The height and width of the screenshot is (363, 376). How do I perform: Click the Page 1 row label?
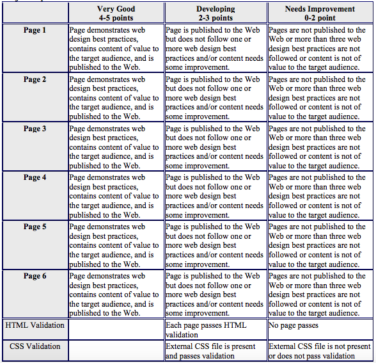pyautogui.click(x=35, y=30)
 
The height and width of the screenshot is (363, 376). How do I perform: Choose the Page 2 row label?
pyautogui.click(x=35, y=79)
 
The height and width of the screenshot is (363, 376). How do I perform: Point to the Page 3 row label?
pyautogui.click(x=35, y=129)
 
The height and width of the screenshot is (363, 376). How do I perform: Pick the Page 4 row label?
pyautogui.click(x=35, y=177)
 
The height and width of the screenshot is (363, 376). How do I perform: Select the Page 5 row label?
pyautogui.click(x=35, y=227)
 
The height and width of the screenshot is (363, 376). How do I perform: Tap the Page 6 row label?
pyautogui.click(x=35, y=276)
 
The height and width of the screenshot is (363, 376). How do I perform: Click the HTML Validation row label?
pyautogui.click(x=35, y=325)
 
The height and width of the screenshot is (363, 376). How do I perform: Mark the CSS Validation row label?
pyautogui.click(x=35, y=346)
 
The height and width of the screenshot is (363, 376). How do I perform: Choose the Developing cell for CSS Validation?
pyautogui.click(x=215, y=351)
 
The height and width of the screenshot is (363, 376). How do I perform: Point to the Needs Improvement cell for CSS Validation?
pyautogui.click(x=320, y=351)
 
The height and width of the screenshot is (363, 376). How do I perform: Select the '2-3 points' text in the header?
pyautogui.click(x=215, y=18)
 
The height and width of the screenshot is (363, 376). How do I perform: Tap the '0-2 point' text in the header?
pyautogui.click(x=320, y=18)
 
